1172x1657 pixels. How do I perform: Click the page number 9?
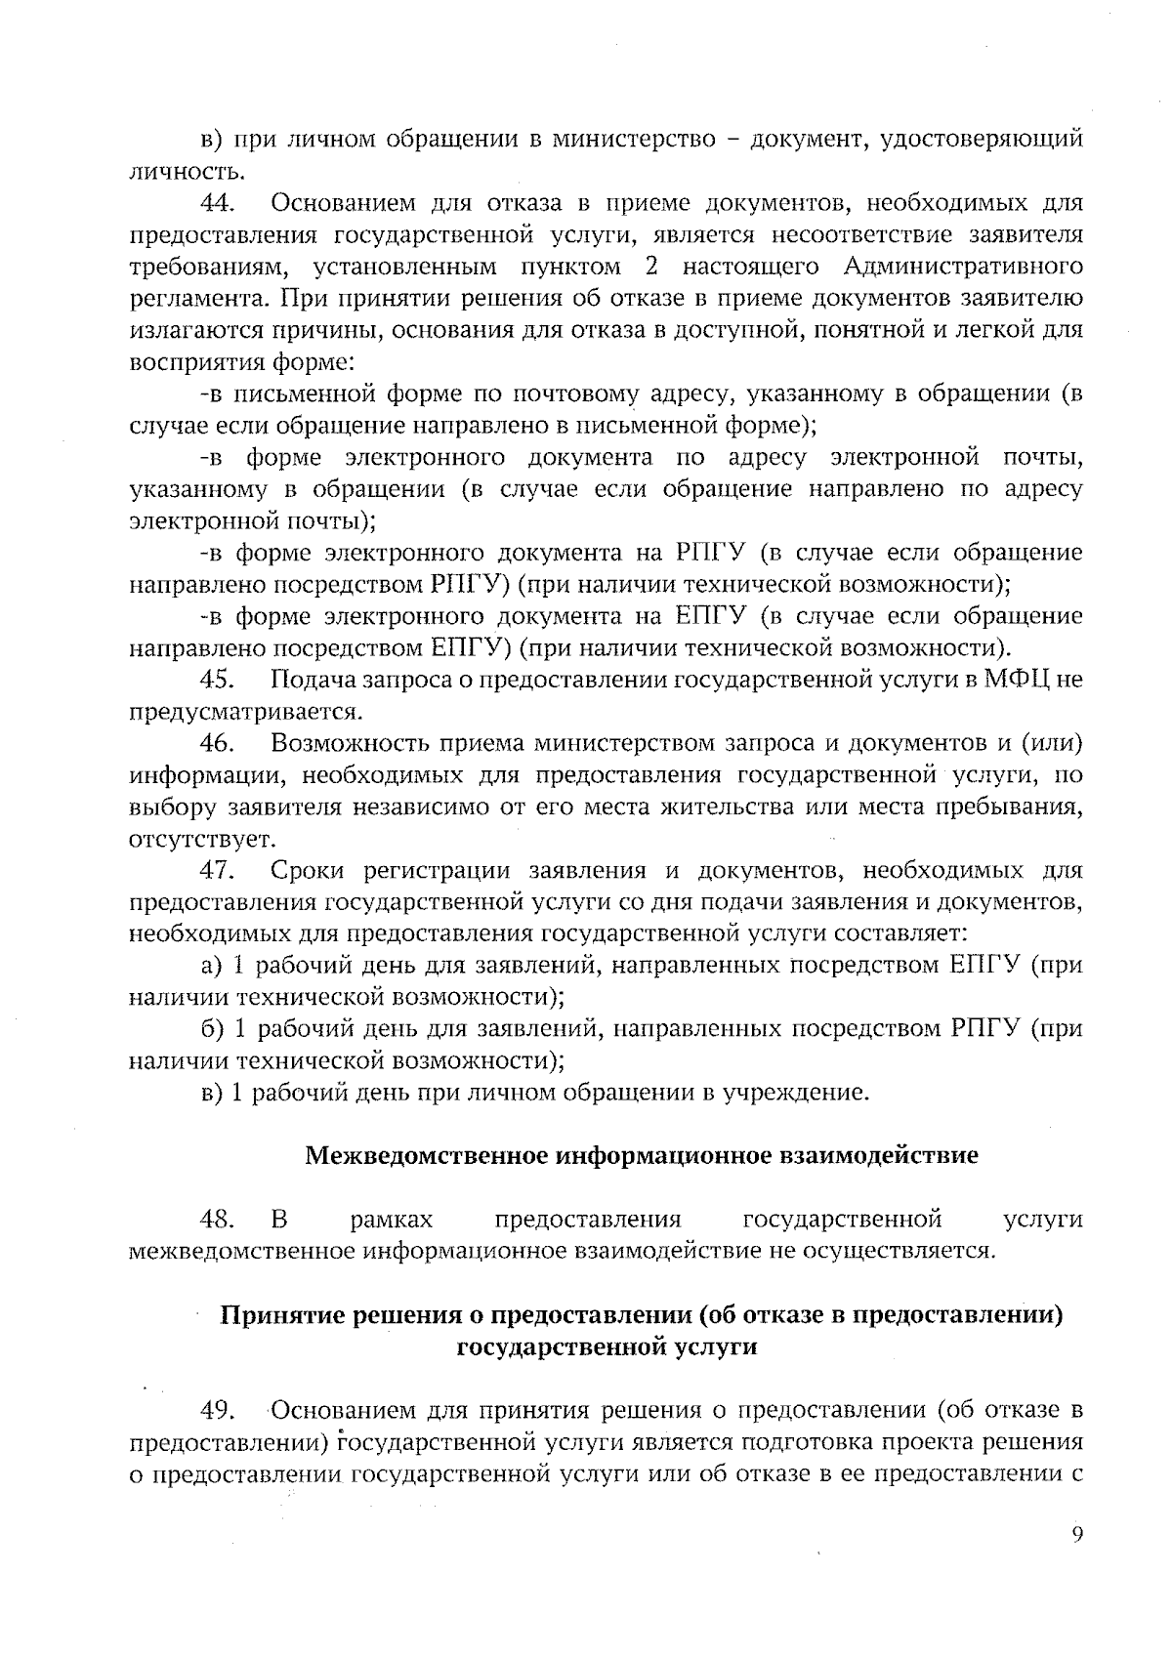(1076, 1535)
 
